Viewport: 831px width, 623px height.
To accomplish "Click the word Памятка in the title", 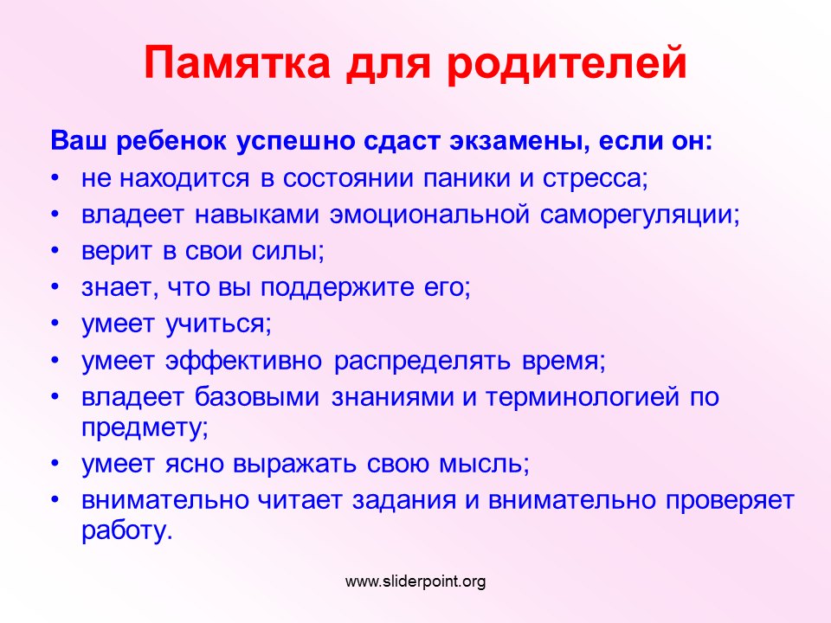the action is [x=237, y=62].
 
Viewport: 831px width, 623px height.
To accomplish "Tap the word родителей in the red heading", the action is [x=566, y=63].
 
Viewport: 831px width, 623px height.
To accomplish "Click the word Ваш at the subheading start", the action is [x=79, y=141].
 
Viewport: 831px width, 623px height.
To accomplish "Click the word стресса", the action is [x=596, y=179].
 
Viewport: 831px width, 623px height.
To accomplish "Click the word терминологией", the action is [x=582, y=397].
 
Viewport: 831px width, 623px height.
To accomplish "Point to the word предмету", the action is [x=145, y=428].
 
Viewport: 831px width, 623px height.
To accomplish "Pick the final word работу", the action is [x=127, y=530].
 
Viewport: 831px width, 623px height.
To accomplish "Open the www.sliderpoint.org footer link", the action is [x=415, y=581].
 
